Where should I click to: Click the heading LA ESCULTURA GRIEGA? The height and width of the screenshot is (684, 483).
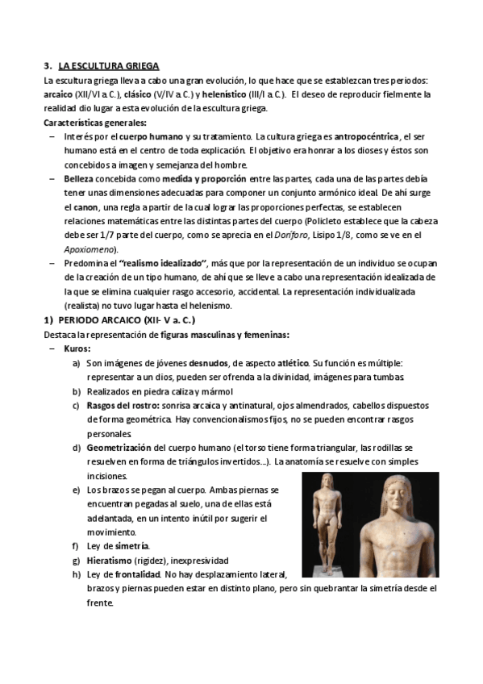click(x=109, y=65)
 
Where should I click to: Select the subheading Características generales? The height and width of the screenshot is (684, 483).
click(x=95, y=123)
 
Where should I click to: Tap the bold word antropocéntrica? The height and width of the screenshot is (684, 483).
click(x=367, y=137)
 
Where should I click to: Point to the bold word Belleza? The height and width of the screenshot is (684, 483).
click(x=81, y=179)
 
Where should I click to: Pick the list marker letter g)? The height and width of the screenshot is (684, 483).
click(x=76, y=560)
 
